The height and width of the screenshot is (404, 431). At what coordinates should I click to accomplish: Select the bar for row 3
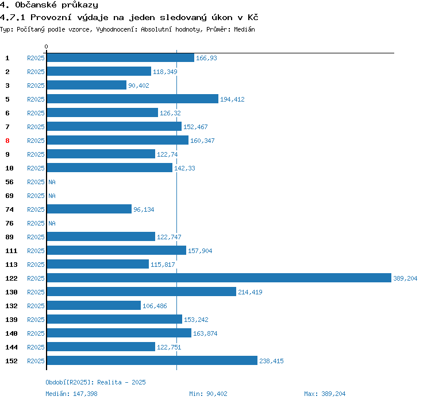[x=86, y=86]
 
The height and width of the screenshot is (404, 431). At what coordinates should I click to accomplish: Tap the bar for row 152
[x=152, y=361]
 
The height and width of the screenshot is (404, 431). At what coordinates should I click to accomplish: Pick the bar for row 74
[x=89, y=209]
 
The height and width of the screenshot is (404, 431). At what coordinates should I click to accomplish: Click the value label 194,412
[x=232, y=99]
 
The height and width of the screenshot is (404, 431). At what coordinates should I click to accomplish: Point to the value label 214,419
[x=250, y=292]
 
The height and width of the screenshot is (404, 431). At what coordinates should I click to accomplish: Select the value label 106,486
[x=155, y=306]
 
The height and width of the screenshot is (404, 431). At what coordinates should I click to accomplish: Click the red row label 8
[x=7, y=141]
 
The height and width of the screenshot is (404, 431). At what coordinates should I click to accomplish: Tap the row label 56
[x=9, y=182]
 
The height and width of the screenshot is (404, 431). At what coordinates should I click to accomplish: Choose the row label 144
[x=11, y=347]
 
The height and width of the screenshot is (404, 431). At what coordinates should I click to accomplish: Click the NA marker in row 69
[x=52, y=196]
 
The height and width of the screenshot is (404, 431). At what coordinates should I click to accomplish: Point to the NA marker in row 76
[x=52, y=223]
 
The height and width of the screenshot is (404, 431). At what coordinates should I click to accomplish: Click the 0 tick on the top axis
[x=47, y=46]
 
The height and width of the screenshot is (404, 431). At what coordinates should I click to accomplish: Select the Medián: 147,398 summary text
[x=72, y=394]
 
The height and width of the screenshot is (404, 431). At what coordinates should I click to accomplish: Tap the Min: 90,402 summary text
[x=208, y=394]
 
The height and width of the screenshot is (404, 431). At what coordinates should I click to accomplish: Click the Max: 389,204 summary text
[x=325, y=394]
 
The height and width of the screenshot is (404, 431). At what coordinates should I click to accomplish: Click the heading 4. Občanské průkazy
[x=49, y=5]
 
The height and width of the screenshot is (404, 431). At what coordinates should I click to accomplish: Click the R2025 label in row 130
[x=36, y=292]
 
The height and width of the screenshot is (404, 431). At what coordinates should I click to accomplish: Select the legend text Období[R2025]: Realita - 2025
[x=96, y=382]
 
